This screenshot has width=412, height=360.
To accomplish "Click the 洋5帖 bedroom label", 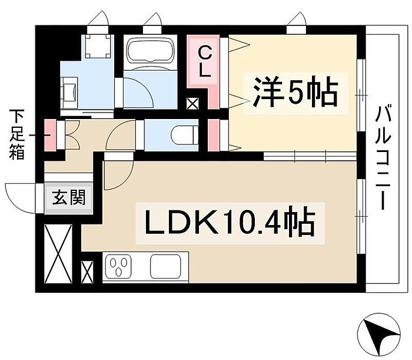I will tap(295, 92).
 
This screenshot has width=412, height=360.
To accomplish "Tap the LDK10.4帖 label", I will tap(227, 222).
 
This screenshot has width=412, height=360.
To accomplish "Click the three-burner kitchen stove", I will tap(121, 267).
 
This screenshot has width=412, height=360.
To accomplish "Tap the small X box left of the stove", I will tap(87, 272).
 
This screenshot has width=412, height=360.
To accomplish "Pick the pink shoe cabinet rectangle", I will tap(51, 135).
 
